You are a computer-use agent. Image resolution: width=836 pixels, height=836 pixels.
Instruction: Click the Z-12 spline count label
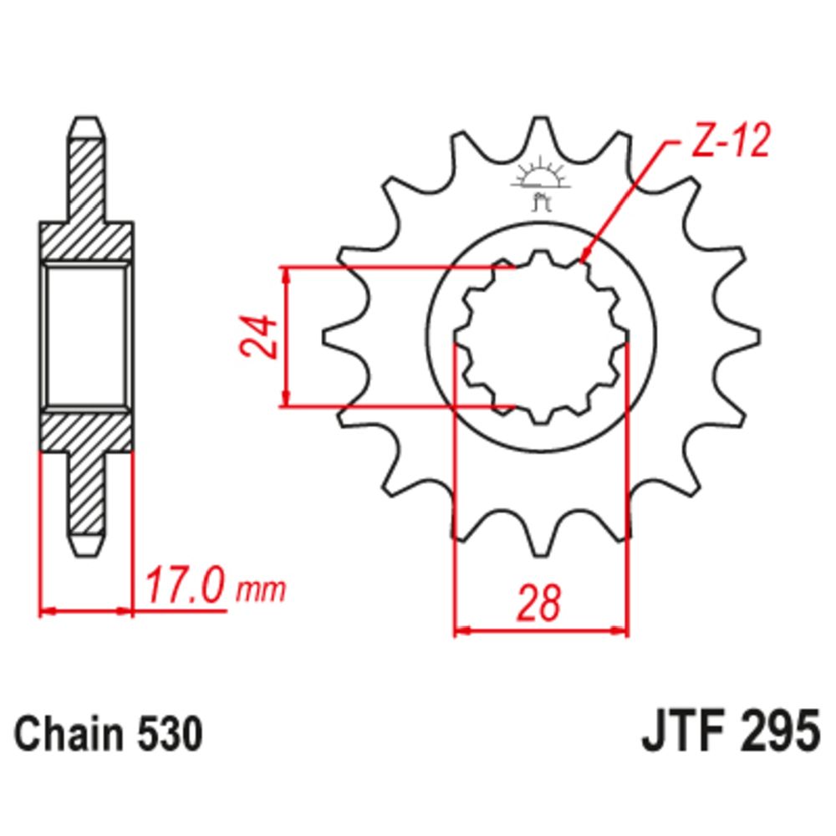pos(731,140)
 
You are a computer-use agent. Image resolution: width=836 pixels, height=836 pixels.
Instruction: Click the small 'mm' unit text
pos(261,589)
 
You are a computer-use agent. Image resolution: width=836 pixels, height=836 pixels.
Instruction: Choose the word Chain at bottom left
pos(68,734)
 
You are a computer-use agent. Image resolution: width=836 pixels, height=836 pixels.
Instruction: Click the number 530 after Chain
pos(170,734)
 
